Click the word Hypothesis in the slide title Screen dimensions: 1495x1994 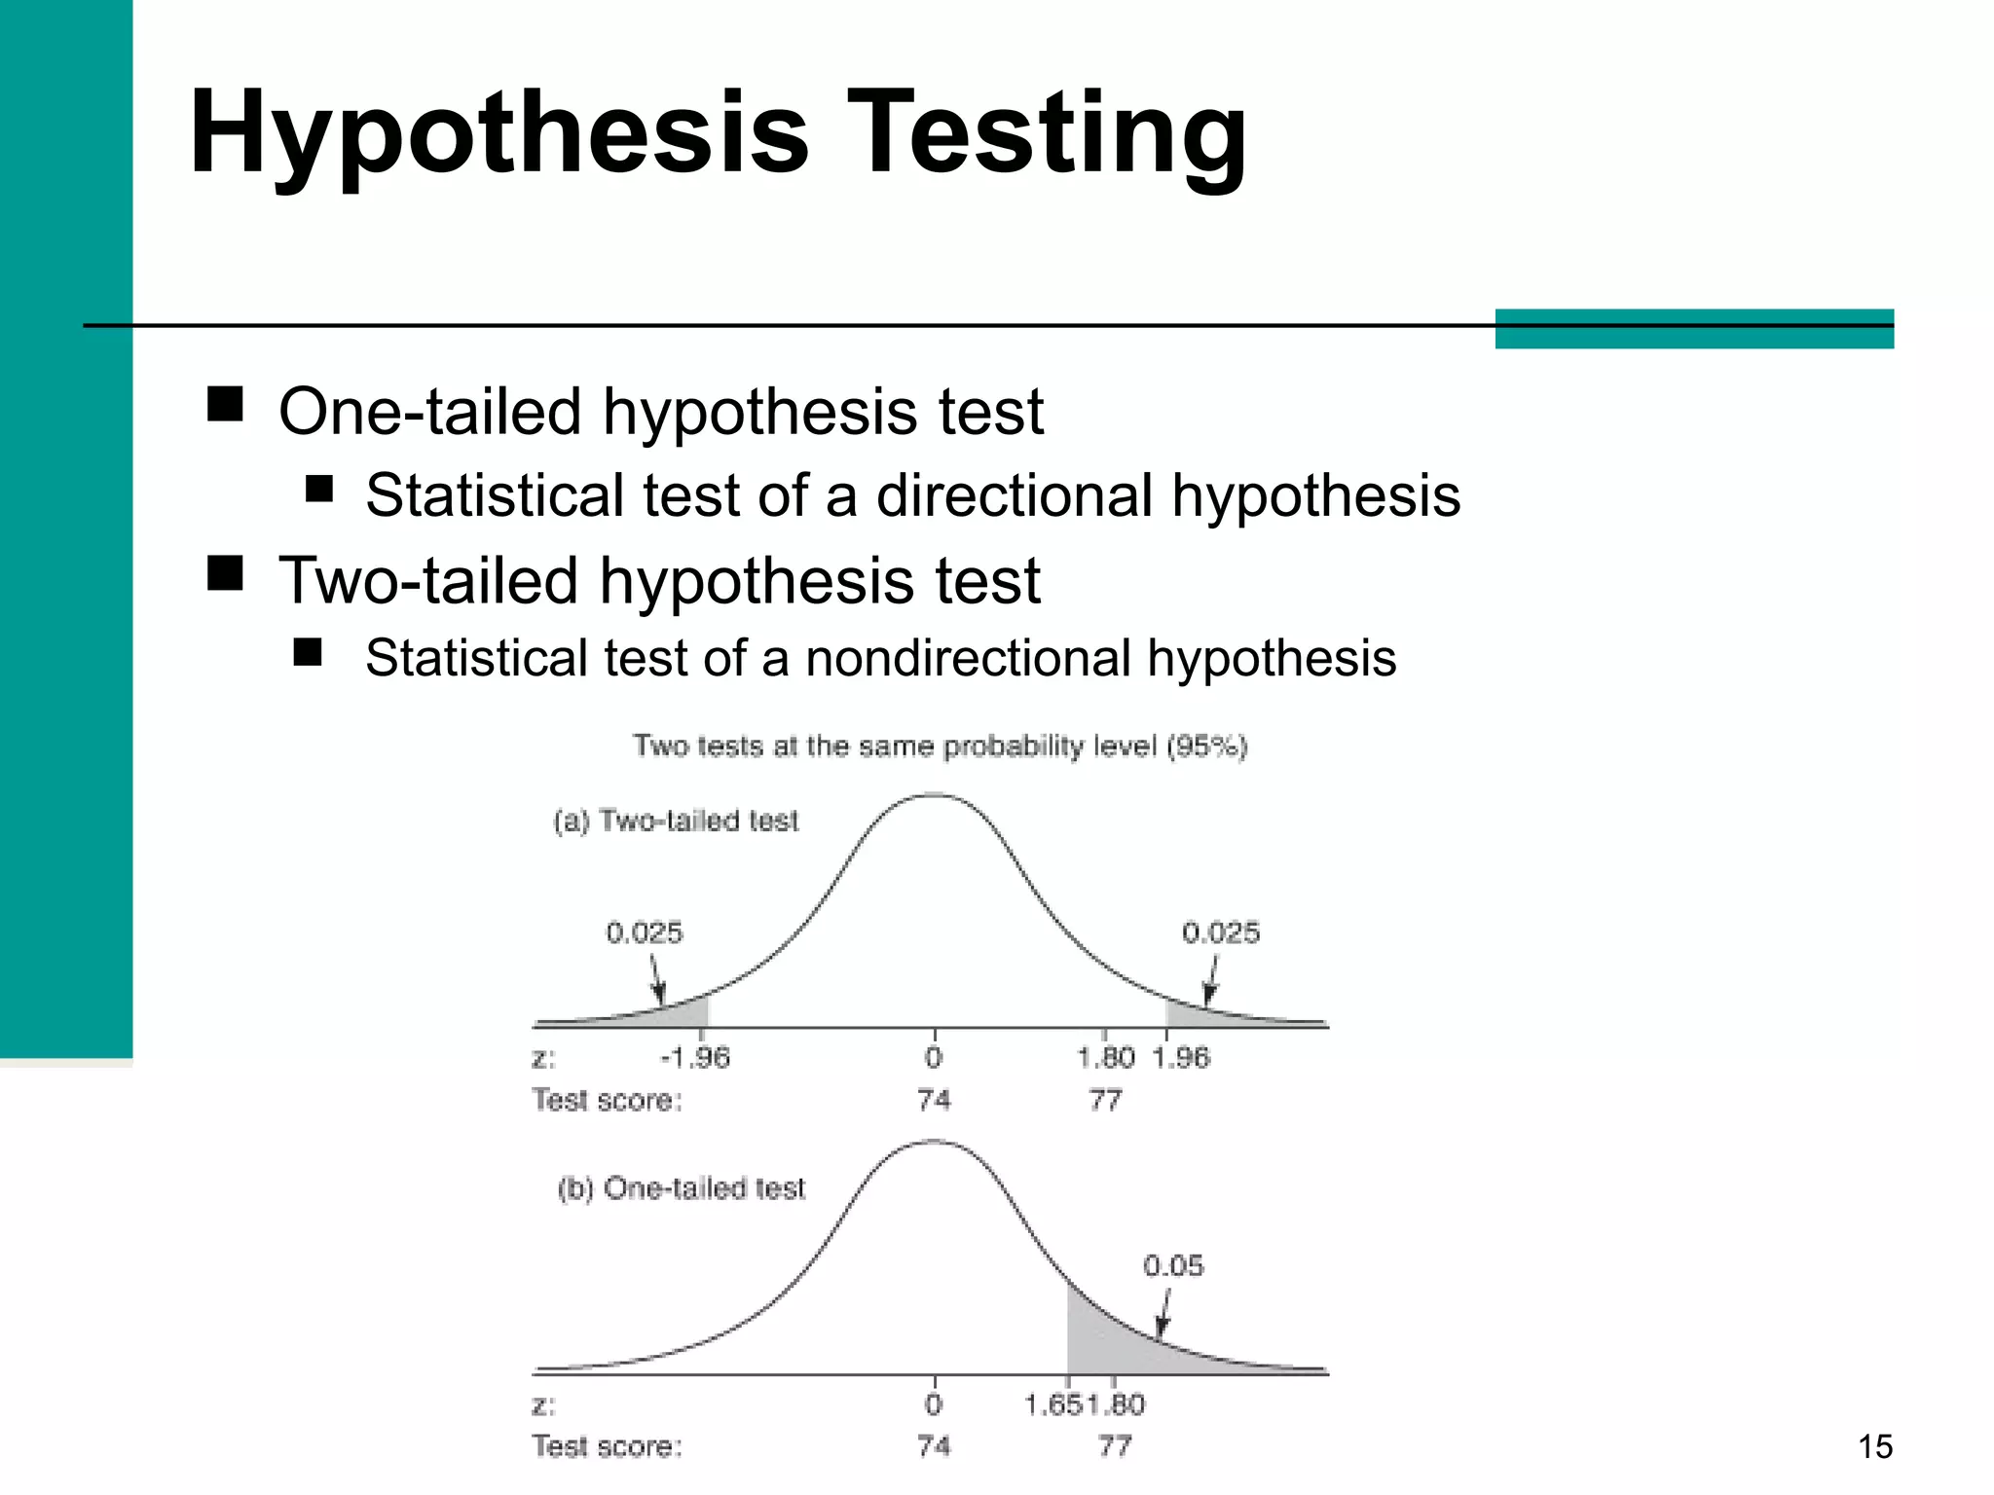(x=498, y=133)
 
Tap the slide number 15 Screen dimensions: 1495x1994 (x=1874, y=1446)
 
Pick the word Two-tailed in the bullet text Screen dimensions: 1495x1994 (x=429, y=580)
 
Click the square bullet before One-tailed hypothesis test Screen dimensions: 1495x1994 (x=225, y=403)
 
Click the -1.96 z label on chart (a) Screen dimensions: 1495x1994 (x=695, y=1058)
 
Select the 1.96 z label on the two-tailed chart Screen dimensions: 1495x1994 (x=1181, y=1058)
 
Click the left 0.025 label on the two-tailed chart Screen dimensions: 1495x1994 (x=645, y=933)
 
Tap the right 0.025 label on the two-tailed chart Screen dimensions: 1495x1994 (x=1221, y=933)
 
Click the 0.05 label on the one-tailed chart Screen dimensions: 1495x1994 (x=1173, y=1266)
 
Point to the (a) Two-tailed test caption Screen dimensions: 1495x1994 (x=676, y=821)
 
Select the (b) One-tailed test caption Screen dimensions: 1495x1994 (x=682, y=1188)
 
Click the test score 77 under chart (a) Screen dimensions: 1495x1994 (x=1105, y=1101)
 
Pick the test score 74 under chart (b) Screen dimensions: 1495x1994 (x=934, y=1446)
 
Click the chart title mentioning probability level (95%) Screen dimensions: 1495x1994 (x=940, y=747)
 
